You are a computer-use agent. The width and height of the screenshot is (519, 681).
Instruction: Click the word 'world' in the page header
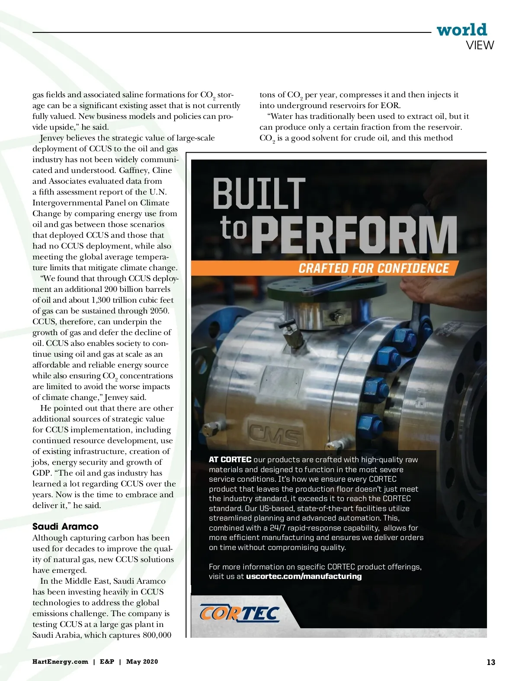point(461,30)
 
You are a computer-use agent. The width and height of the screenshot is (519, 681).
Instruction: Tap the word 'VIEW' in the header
point(480,45)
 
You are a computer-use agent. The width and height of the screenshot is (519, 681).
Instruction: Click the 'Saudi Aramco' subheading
point(65,526)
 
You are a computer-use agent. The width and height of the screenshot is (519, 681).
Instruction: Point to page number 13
point(490,662)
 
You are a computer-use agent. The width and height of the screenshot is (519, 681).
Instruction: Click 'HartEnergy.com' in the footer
point(60,662)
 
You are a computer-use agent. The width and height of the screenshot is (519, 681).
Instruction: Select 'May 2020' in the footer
point(142,662)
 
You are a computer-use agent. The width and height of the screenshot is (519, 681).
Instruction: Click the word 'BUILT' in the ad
point(259,194)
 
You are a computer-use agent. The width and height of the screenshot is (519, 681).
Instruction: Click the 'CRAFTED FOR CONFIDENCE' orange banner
point(374,268)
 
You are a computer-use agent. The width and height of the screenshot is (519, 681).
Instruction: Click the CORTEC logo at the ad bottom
point(240,614)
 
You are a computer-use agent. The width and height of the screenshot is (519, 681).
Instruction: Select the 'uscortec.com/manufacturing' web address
point(304,576)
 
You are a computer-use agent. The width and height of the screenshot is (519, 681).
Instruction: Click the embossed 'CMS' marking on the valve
point(274,435)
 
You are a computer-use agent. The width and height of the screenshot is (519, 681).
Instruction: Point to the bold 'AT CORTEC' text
point(230,460)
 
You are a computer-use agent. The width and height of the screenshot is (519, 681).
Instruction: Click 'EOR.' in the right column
point(391,106)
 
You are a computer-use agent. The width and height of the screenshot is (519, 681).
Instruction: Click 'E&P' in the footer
point(107,662)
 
